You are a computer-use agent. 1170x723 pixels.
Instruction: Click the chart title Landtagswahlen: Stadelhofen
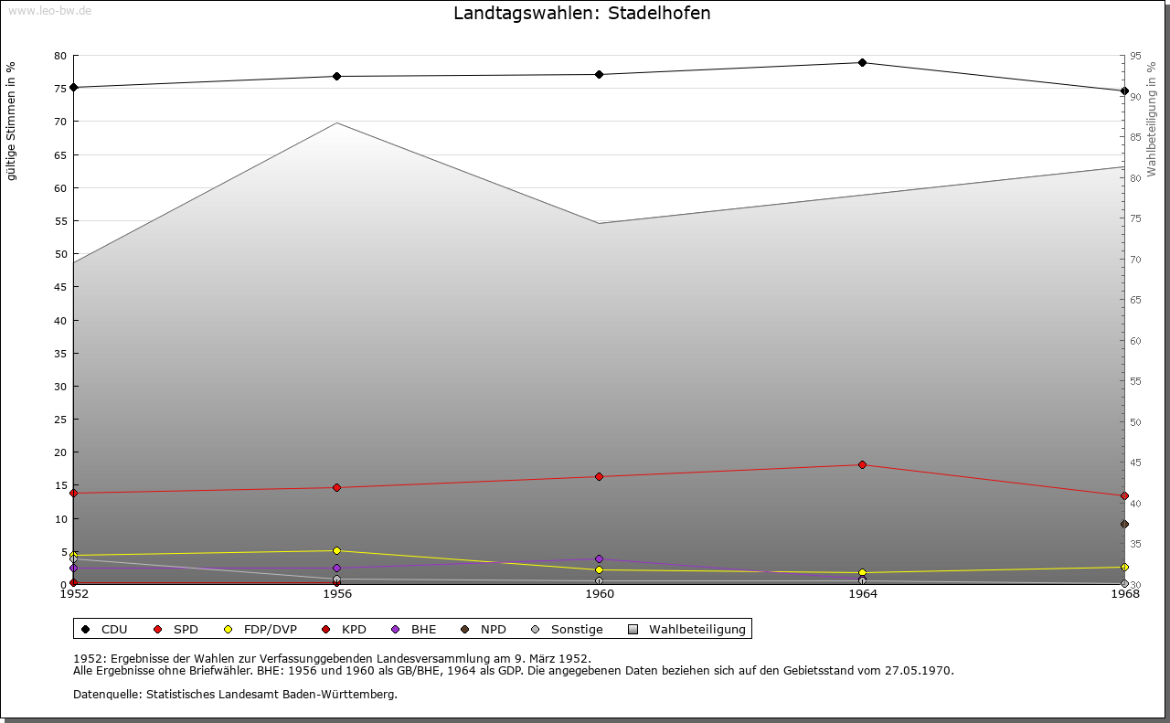[581, 14]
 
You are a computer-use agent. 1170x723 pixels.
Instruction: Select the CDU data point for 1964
[862, 63]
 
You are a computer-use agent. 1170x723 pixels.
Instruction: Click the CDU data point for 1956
[336, 77]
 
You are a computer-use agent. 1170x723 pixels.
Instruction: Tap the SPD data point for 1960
[599, 477]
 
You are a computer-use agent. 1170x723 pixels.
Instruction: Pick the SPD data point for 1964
[862, 465]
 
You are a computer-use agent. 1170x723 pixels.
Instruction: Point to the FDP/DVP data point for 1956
[336, 551]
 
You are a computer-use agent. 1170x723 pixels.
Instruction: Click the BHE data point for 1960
[599, 559]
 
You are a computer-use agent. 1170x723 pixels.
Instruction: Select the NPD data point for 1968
[1124, 525]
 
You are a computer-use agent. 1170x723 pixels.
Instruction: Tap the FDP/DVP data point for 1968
[1124, 568]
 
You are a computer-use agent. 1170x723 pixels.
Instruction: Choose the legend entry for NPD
[484, 630]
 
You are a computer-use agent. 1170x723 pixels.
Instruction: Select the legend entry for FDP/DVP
[261, 630]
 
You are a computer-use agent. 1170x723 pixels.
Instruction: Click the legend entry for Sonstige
[567, 630]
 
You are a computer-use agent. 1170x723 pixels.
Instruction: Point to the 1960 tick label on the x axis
[600, 594]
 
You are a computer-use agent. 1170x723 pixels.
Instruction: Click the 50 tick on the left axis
[60, 254]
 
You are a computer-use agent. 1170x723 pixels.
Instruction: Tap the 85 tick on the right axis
[1135, 137]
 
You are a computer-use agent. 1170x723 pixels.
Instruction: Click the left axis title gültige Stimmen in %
[12, 122]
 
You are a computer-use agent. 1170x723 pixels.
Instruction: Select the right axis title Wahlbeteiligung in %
[1151, 119]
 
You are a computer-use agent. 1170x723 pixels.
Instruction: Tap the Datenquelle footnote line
[235, 695]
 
